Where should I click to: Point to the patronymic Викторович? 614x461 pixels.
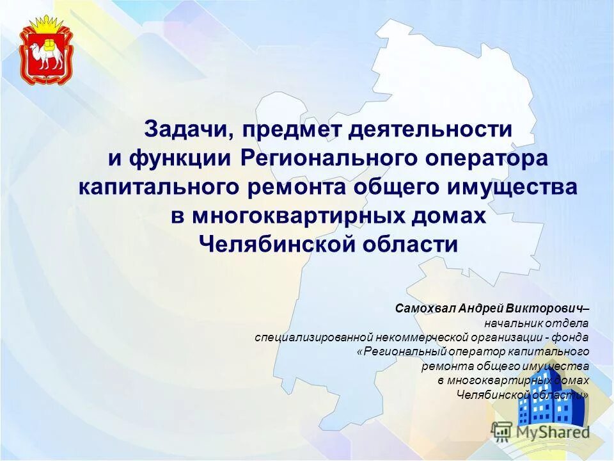coord(544,308)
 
